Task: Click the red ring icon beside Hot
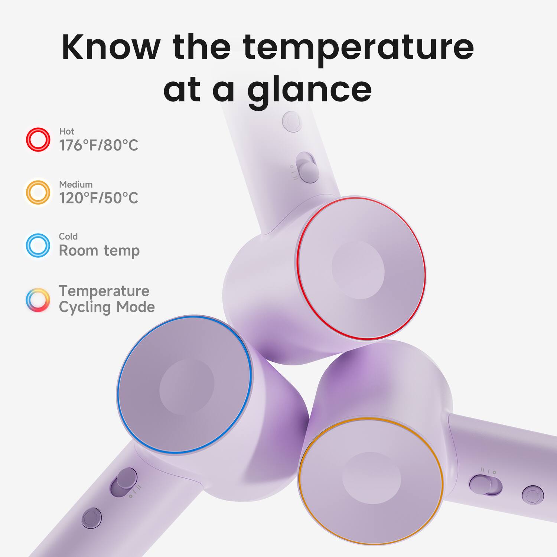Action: tap(38, 140)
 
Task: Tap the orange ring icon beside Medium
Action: tap(38, 192)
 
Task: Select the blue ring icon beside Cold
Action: tap(38, 245)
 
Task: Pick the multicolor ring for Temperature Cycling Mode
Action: tap(38, 300)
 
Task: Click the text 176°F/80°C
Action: tap(98, 145)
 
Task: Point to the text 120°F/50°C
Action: tap(98, 198)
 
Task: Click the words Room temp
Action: tap(99, 251)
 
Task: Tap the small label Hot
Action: tap(66, 131)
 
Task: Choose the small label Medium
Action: tap(76, 184)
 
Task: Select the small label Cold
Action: tap(68, 237)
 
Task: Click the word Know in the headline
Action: tap(111, 47)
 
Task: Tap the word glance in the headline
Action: tap(309, 90)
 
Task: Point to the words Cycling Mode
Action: tap(107, 307)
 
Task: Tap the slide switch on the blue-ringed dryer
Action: tap(124, 482)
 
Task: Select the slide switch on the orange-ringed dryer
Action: tap(485, 485)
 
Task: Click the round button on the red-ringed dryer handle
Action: tap(292, 121)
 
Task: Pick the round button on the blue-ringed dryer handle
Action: tap(91, 518)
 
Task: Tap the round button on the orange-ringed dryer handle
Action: tap(532, 495)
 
